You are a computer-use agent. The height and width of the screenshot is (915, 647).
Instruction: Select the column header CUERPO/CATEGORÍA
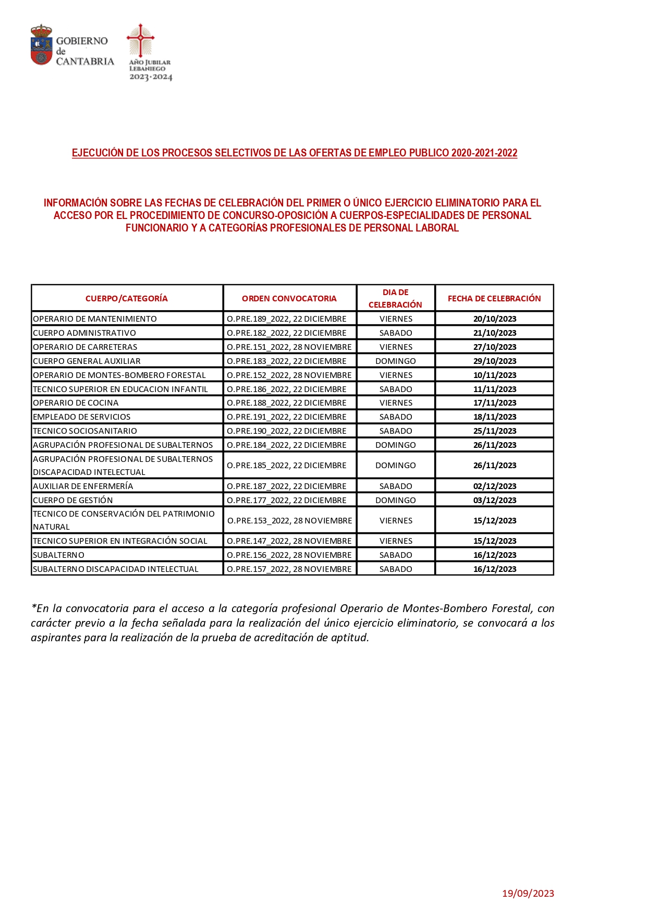coord(127,298)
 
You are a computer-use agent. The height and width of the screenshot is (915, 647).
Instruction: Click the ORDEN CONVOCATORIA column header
coord(289,298)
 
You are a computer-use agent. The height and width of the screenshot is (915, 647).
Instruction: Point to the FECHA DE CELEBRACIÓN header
coord(494,298)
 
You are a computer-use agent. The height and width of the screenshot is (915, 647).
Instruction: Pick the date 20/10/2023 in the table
coord(495,319)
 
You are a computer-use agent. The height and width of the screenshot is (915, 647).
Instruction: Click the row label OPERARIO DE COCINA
coord(76,402)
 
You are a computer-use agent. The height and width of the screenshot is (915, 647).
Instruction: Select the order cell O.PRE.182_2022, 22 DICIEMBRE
coord(287,333)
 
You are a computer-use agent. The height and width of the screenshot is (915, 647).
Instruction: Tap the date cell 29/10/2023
coord(495,361)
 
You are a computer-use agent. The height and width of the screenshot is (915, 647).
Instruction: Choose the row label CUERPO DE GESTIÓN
coord(73,500)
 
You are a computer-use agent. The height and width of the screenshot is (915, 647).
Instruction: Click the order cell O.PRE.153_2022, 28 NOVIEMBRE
coord(290,520)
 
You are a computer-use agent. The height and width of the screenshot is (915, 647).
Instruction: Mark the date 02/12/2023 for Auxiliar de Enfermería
coord(495,486)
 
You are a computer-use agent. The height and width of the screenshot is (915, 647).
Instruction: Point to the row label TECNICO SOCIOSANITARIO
coord(85,431)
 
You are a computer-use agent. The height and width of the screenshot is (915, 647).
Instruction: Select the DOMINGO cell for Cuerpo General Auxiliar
coord(396,361)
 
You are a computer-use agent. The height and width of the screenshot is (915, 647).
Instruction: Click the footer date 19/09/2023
coord(528,893)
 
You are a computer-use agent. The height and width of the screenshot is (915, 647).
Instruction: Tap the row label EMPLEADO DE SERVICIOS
coord(82,417)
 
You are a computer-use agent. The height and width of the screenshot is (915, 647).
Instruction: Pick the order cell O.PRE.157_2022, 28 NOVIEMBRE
coord(289,569)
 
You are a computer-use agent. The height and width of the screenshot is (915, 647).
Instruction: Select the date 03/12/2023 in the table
coord(495,500)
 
